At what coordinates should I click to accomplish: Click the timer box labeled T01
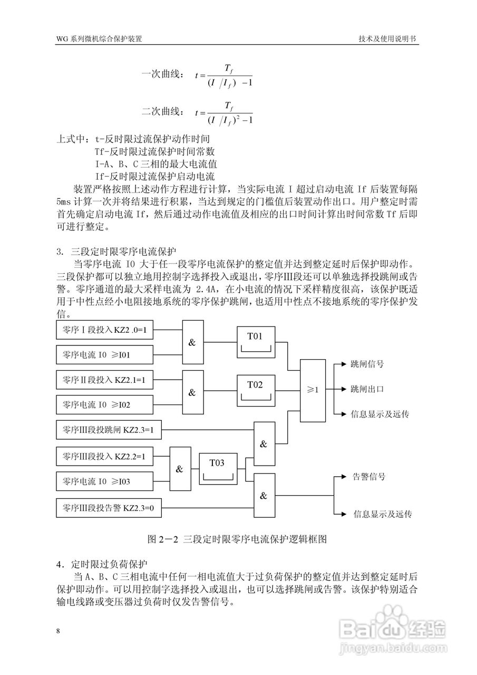pyautogui.click(x=255, y=342)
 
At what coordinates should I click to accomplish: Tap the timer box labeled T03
pyautogui.click(x=217, y=468)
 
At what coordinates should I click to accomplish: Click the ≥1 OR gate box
pyautogui.click(x=313, y=390)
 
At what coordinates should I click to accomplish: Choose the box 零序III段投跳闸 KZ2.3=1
pyautogui.click(x=108, y=430)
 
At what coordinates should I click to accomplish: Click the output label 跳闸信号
pyautogui.click(x=367, y=364)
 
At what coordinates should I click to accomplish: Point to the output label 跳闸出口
pyautogui.click(x=367, y=389)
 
